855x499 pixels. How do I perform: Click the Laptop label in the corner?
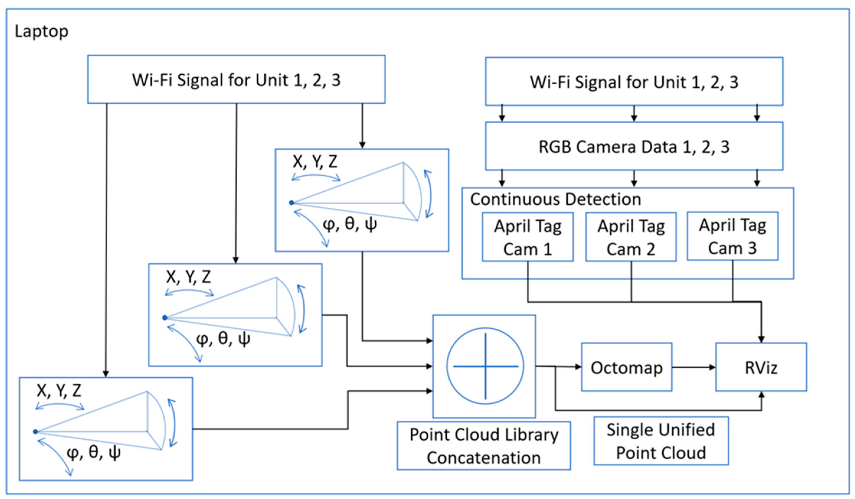pyautogui.click(x=41, y=32)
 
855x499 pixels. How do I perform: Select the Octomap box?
pyautogui.click(x=626, y=368)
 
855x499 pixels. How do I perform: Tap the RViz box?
pyautogui.click(x=761, y=368)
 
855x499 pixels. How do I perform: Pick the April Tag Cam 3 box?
pyautogui.click(x=733, y=237)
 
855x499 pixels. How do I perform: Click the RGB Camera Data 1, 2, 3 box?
pyautogui.click(x=634, y=147)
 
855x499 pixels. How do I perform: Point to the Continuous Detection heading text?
pyautogui.click(x=556, y=199)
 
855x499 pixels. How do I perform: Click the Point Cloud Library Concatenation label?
pyautogui.click(x=484, y=446)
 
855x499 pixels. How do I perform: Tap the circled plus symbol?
pyautogui.click(x=485, y=366)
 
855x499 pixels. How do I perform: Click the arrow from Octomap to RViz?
pyautogui.click(x=694, y=367)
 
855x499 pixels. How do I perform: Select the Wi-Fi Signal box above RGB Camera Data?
pyautogui.click(x=634, y=82)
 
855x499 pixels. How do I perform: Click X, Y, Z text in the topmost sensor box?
pyautogui.click(x=315, y=162)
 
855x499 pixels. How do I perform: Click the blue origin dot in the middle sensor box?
pyautogui.click(x=165, y=318)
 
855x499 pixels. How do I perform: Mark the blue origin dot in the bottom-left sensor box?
pyautogui.click(x=35, y=432)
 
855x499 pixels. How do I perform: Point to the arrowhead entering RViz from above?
pyautogui.click(x=761, y=339)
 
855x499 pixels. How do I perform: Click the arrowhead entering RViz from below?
pyautogui.click(x=761, y=395)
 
